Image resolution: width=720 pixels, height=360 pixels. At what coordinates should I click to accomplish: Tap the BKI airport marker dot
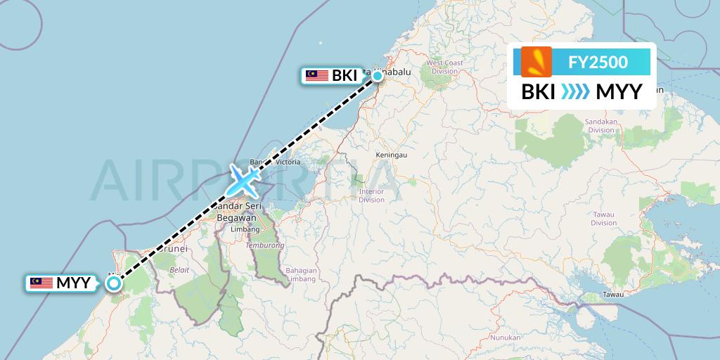point(378,76)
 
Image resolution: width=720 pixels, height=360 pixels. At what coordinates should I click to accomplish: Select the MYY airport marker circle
point(113,283)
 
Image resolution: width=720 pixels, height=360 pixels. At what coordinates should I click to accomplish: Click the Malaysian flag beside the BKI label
point(317,75)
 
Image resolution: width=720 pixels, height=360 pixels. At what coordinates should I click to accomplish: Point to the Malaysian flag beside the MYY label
point(41,283)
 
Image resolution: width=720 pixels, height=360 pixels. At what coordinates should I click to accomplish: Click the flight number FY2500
point(598,62)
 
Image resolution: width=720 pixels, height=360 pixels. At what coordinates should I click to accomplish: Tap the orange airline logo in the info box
point(536,61)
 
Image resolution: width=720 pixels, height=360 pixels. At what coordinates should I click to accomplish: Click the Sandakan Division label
point(601,125)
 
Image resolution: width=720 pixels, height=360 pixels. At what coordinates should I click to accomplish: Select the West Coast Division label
point(444,67)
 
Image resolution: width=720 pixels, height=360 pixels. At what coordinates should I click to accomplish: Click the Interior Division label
point(371,195)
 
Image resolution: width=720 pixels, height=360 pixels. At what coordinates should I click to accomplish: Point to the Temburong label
point(264,245)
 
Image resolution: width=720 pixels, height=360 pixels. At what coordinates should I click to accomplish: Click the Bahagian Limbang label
point(302,275)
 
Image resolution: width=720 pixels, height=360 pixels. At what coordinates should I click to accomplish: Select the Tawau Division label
point(603,218)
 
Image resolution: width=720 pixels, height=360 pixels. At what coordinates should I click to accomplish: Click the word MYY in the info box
point(619,92)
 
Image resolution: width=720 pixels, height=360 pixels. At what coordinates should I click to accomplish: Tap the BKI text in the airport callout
point(345,75)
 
